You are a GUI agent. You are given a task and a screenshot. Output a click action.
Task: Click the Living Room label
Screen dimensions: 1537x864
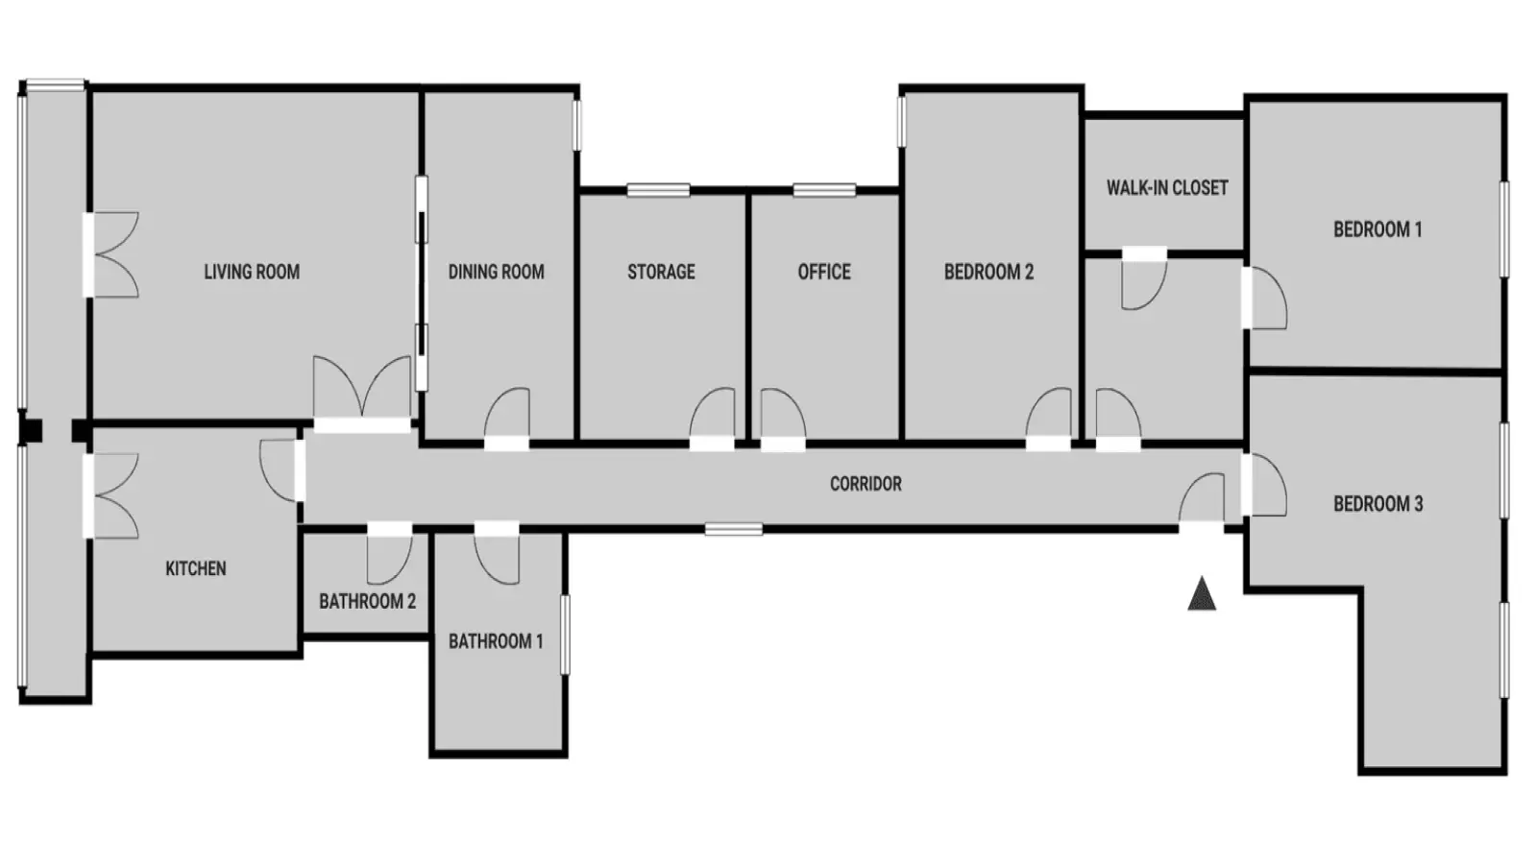[252, 273]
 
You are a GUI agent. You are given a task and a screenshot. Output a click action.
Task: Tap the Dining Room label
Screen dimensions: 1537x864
[496, 273]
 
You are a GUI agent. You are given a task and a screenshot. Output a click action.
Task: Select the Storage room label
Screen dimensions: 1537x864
[662, 273]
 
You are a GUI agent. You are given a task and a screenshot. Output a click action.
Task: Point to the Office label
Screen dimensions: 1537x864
[824, 273]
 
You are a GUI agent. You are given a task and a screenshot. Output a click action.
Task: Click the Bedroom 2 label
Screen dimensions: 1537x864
[988, 273]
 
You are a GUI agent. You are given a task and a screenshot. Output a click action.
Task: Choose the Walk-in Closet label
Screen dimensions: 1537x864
[1167, 188]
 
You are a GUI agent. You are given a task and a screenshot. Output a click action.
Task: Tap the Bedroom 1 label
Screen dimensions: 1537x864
[1378, 229]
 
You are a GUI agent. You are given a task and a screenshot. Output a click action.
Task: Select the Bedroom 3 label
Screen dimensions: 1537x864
[1378, 504]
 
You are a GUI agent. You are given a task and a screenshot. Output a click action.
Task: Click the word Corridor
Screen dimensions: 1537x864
[866, 484]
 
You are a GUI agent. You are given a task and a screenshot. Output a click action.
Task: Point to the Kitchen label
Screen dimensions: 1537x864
[196, 568]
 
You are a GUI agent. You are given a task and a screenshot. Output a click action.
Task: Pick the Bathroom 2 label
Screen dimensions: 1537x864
[368, 601]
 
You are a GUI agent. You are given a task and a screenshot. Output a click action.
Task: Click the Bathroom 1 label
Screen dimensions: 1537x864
[496, 642]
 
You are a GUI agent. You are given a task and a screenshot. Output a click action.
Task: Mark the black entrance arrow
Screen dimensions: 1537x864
[1202, 594]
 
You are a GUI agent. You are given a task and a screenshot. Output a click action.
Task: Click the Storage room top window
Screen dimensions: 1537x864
[658, 190]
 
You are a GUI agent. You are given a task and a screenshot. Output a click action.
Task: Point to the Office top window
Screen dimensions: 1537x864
[824, 190]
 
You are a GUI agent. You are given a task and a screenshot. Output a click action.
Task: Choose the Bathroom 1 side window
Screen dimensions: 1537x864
[566, 635]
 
